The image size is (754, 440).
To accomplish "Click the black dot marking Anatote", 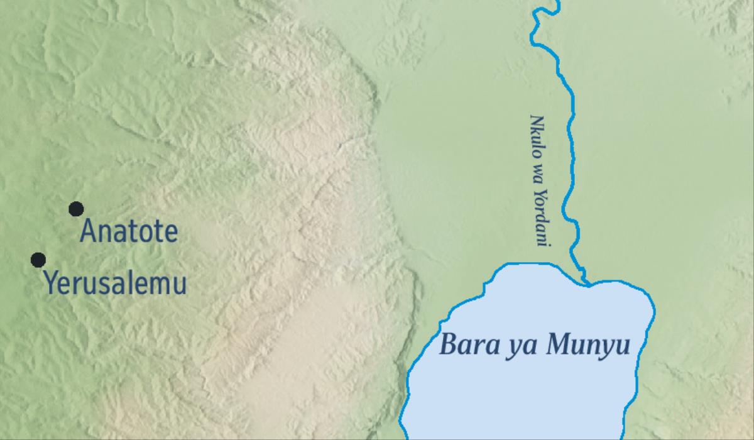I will (76, 209).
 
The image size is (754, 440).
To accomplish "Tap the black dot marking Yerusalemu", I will (38, 260).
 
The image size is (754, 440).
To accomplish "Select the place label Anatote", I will (129, 233).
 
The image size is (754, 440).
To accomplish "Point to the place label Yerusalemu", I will (115, 283).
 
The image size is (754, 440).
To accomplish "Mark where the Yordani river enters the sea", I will (586, 283).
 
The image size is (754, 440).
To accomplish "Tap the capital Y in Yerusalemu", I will (50, 283).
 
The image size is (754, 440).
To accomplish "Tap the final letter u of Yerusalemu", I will (180, 285).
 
